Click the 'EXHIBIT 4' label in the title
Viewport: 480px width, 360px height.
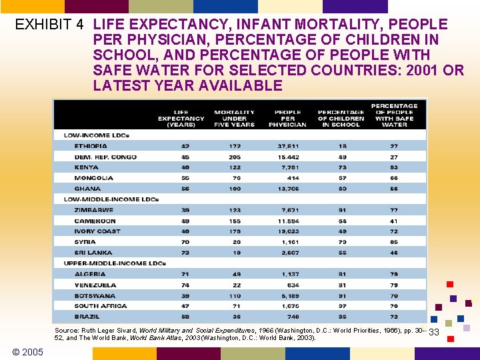[49, 25]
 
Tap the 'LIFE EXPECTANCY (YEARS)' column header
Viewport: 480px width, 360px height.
[181, 118]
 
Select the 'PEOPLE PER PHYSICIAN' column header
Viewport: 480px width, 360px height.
[287, 118]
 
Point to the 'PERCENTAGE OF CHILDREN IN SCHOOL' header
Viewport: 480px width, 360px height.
[341, 118]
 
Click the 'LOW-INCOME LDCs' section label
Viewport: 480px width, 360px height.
[97, 135]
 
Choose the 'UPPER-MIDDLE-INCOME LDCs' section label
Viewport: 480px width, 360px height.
[115, 263]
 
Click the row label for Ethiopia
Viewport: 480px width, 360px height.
[91, 146]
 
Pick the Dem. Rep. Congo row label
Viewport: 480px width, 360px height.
[105, 157]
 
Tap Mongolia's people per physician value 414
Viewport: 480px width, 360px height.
[293, 178]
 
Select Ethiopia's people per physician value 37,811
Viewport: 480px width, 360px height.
[289, 146]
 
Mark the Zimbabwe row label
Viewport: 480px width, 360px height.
[94, 210]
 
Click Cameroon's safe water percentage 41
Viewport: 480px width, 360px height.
[395, 221]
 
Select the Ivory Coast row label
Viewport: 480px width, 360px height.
[98, 231]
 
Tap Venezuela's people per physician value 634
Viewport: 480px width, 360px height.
[293, 285]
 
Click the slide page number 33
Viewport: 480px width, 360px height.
[434, 332]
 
